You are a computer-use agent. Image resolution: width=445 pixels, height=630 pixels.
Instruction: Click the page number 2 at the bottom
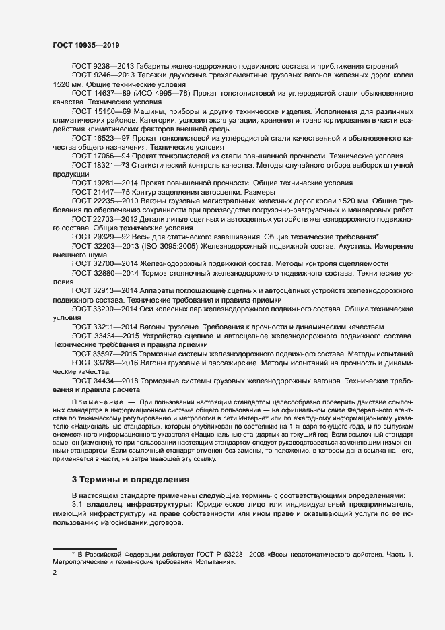click(55, 573)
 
